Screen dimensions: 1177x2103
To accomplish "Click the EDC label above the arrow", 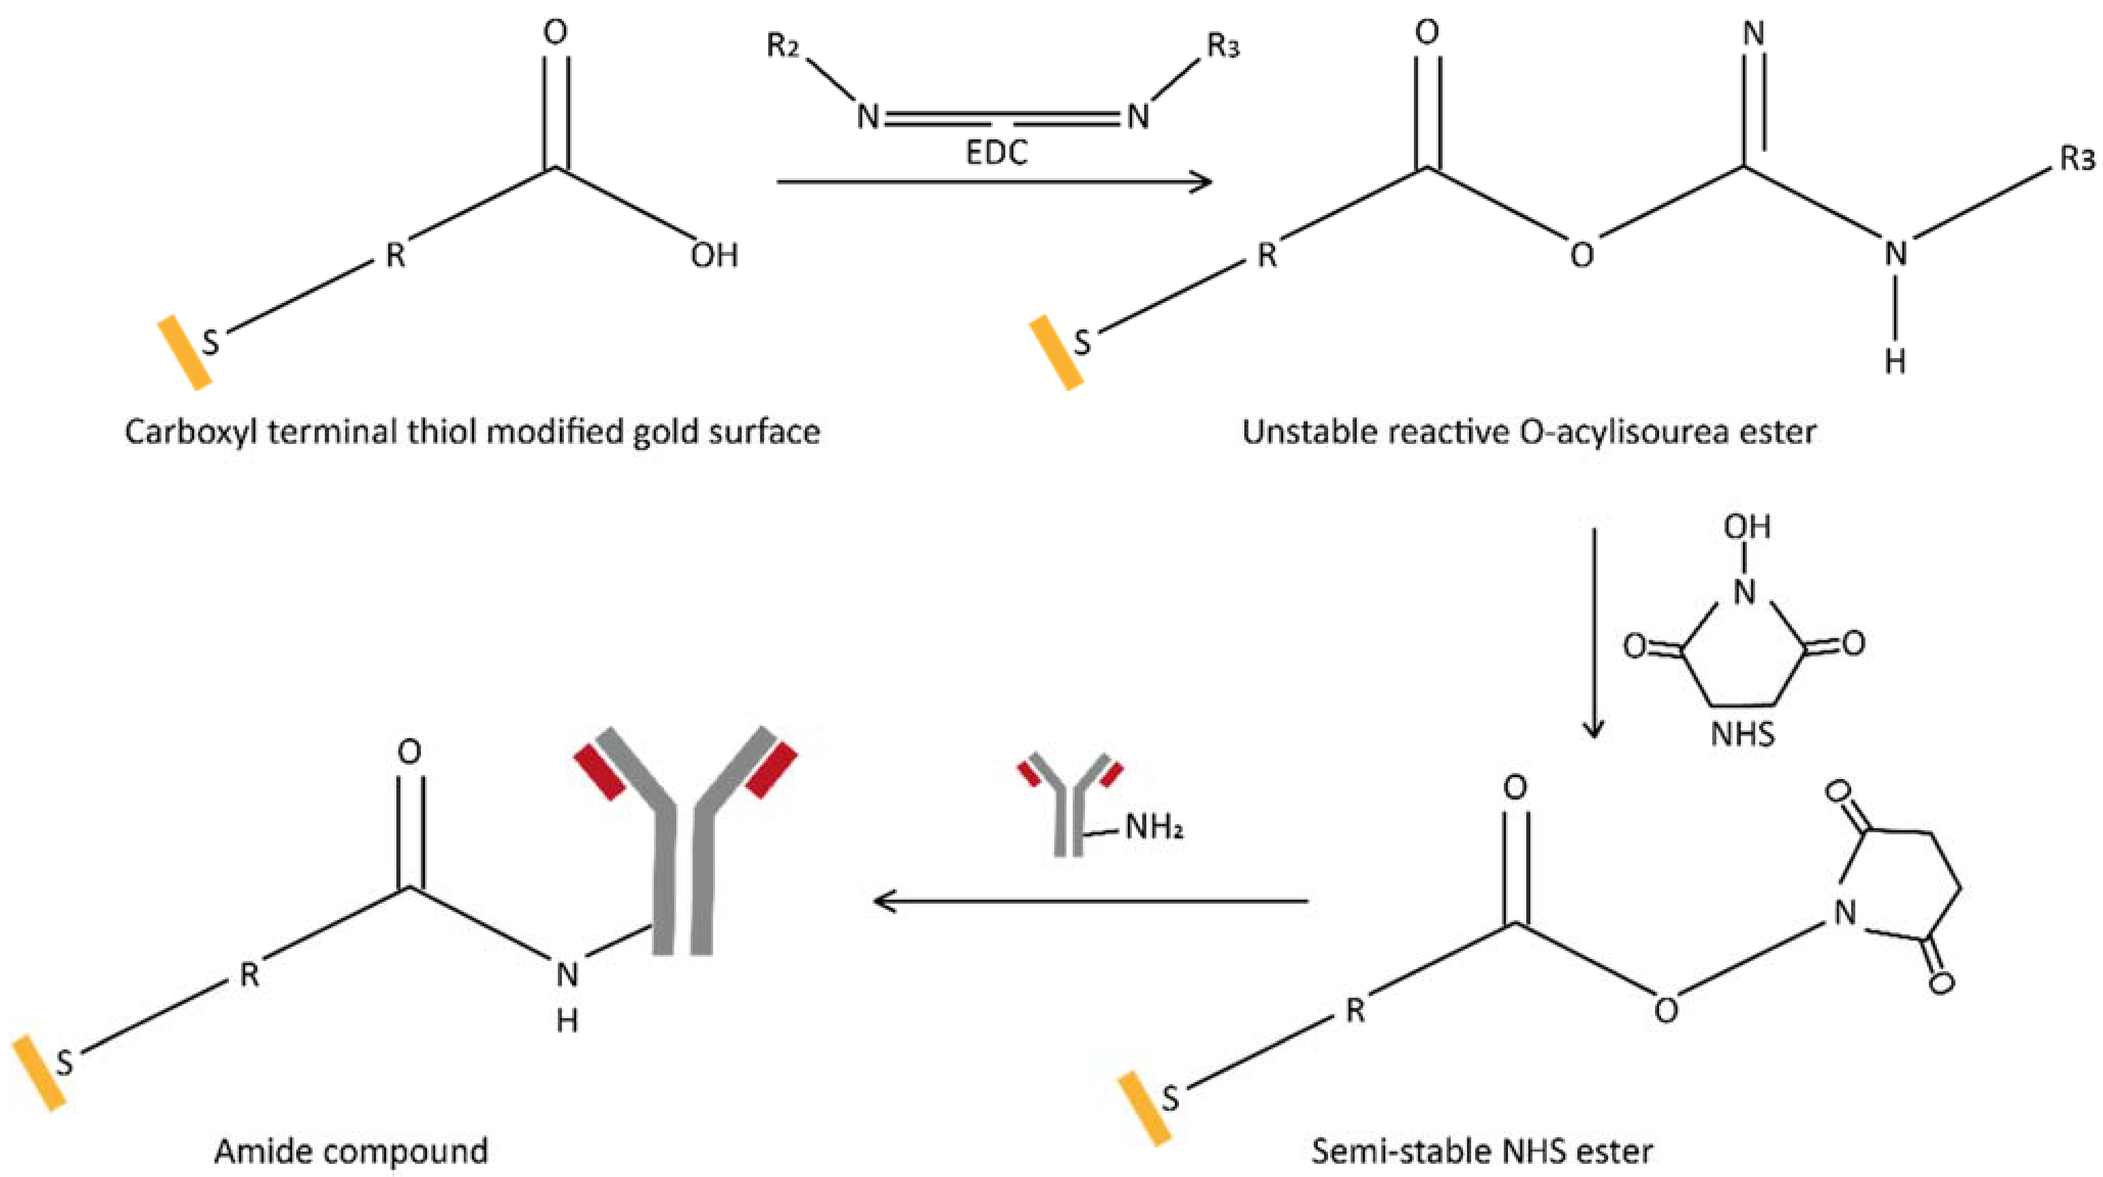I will (996, 153).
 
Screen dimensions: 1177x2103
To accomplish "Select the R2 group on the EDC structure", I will (783, 46).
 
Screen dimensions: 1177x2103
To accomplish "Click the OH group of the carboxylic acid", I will (714, 255).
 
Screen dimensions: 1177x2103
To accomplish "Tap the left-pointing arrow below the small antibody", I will (1090, 901).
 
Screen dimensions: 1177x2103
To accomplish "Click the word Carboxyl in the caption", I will (190, 432).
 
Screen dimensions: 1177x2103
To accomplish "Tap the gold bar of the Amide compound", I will (38, 1073).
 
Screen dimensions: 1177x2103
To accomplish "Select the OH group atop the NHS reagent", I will (1747, 527).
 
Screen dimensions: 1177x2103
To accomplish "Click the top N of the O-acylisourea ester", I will (1753, 34).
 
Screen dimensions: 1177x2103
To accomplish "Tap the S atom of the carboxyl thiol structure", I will (210, 342).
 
